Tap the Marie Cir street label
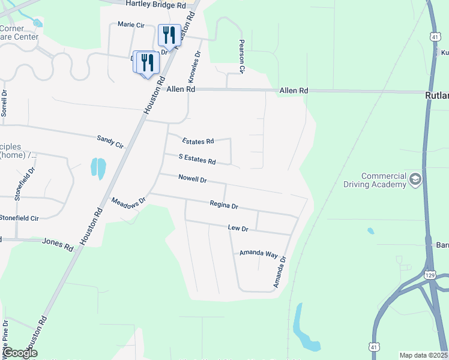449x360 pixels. coord(131,25)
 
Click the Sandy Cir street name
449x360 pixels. coord(110,142)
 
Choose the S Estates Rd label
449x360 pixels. coord(197,159)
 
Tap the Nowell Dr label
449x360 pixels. coord(192,179)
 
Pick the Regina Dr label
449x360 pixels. coord(224,205)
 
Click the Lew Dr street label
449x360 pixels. coord(238,228)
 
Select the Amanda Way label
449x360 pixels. coord(258,253)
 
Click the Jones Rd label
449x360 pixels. coord(57,241)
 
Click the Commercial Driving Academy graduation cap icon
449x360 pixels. coord(415,179)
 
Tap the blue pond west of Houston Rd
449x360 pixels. coord(98,167)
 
